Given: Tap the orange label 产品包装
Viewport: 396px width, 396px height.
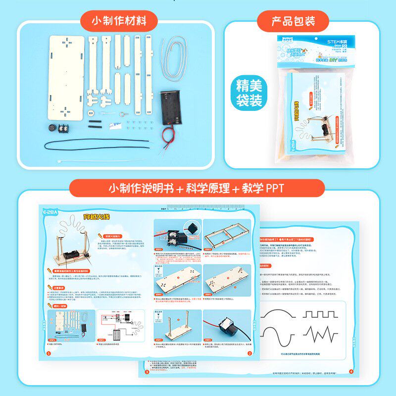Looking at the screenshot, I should click(x=293, y=21).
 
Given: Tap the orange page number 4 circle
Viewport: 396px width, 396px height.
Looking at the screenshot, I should click(x=350, y=371).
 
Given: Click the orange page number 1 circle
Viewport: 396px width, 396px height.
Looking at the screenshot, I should click(x=48, y=353).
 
